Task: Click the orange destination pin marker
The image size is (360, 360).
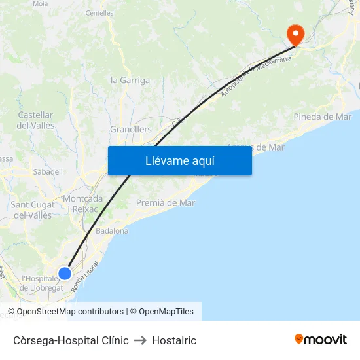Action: click(x=295, y=34)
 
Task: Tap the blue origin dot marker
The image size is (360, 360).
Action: click(x=65, y=274)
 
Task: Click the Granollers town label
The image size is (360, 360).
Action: click(x=130, y=130)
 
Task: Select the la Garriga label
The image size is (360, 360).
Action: click(x=130, y=81)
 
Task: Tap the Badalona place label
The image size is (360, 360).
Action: click(x=112, y=231)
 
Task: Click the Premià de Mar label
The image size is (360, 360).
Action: click(x=166, y=203)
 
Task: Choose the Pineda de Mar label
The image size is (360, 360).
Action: click(x=323, y=117)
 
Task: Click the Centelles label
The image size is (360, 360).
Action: click(x=99, y=12)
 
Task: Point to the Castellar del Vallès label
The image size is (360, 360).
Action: click(x=36, y=120)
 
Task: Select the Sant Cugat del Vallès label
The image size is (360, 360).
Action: click(x=33, y=209)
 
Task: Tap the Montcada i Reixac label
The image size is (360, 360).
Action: click(x=82, y=204)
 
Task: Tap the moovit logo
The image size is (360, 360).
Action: click(x=320, y=340)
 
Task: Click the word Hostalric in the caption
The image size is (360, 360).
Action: click(x=174, y=340)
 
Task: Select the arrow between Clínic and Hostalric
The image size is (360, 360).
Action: click(x=140, y=340)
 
